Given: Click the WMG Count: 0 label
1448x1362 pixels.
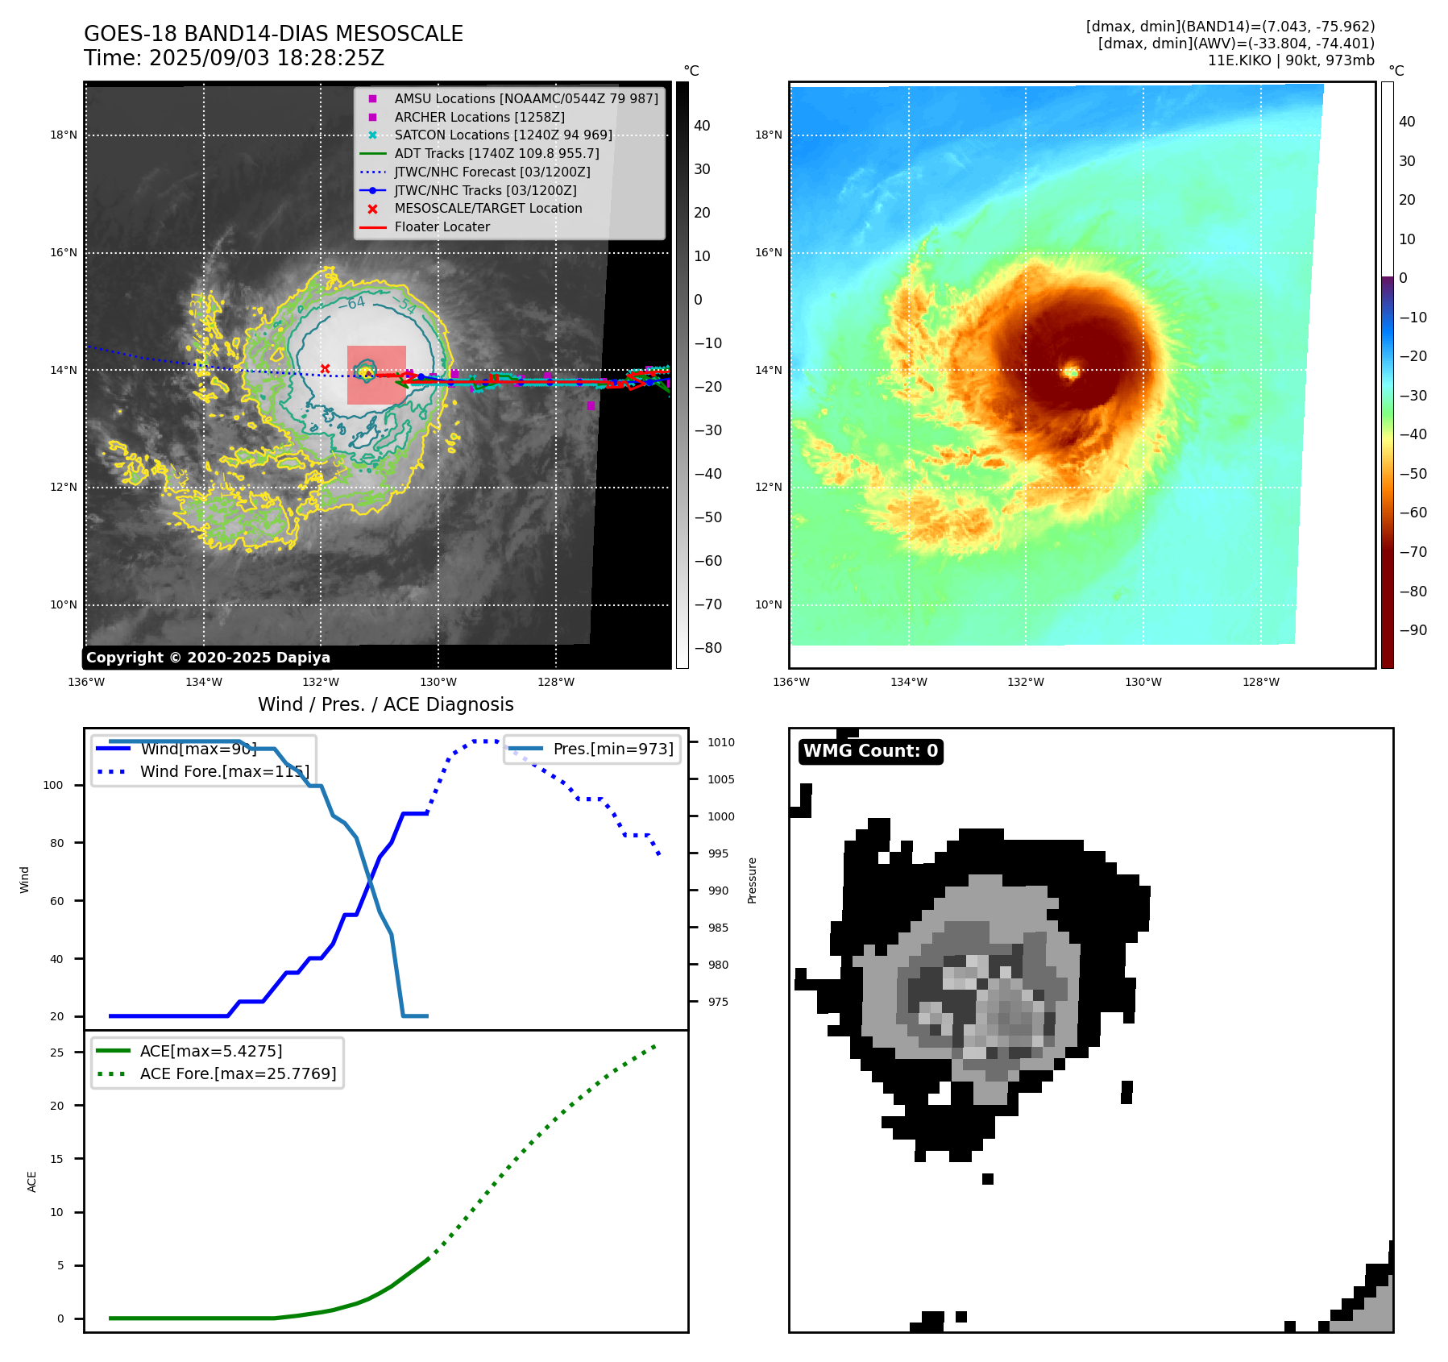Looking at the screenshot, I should [x=870, y=751].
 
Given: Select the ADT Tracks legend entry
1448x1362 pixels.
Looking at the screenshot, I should [x=496, y=153].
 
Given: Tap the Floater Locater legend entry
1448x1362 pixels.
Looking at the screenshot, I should [x=442, y=227].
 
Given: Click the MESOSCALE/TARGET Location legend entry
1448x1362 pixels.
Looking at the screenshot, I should [x=488, y=209].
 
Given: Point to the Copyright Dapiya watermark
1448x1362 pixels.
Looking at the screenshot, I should [x=208, y=658].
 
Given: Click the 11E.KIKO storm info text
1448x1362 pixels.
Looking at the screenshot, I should [x=1290, y=60].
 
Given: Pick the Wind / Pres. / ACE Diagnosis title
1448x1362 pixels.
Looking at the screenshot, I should [x=385, y=704].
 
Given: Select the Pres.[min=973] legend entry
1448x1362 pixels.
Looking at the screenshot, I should [x=612, y=749].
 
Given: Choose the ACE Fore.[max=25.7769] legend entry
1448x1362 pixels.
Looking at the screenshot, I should [x=238, y=1073].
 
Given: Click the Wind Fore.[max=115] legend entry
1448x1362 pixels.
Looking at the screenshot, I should [x=224, y=771].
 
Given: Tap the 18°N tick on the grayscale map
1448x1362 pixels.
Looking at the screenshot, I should [x=64, y=135].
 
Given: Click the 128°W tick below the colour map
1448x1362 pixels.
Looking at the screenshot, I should [x=1260, y=683].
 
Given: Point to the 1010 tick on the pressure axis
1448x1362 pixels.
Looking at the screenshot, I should [x=721, y=742].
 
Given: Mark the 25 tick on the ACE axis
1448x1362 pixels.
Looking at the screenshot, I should [x=57, y=1053].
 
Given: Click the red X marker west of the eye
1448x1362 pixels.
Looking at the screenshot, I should [x=325, y=369].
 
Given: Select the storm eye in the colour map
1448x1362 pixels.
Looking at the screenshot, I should [x=1071, y=372].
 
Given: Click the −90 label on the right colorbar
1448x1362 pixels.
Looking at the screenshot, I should [x=1413, y=630].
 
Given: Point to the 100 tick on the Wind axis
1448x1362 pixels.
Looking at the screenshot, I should [x=52, y=785].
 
